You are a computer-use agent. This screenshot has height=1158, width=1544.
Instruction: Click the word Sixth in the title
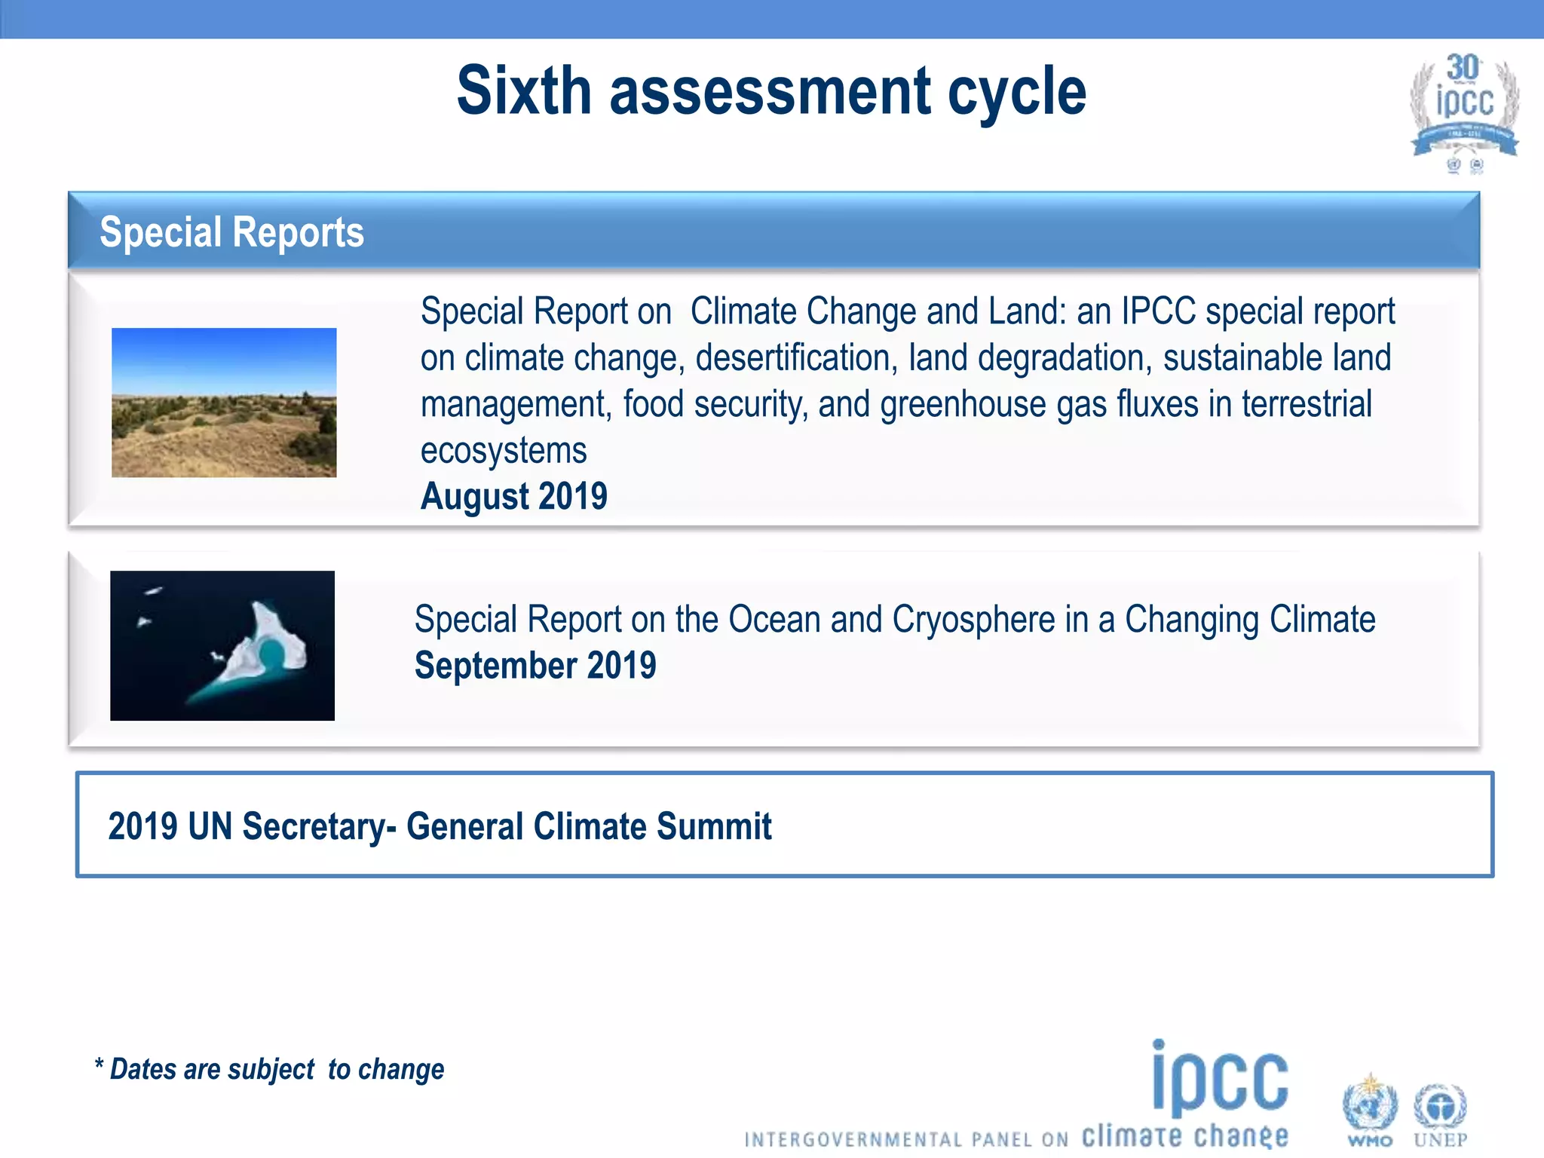coord(524,90)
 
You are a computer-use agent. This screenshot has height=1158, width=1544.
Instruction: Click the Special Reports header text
coord(231,232)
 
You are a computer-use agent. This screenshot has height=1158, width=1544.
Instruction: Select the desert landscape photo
coord(224,402)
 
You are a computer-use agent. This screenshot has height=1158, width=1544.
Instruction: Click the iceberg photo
coord(222,645)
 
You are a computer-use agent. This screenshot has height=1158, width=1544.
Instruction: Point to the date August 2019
coord(513,496)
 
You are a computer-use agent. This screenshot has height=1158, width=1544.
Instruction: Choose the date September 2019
coord(535,666)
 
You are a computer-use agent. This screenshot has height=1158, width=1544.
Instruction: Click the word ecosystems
coord(503,451)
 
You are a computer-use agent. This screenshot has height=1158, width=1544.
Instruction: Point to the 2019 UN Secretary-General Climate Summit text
coord(440,826)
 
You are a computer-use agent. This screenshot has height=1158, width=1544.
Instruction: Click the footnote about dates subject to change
coord(269,1069)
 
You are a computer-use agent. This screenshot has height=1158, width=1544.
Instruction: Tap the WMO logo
coord(1370,1111)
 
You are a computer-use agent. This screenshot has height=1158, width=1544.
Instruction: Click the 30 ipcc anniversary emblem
coord(1463,109)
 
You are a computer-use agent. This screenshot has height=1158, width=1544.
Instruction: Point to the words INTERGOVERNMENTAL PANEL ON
coord(905,1139)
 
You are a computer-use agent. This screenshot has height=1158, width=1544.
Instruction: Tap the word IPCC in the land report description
coord(1158,311)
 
